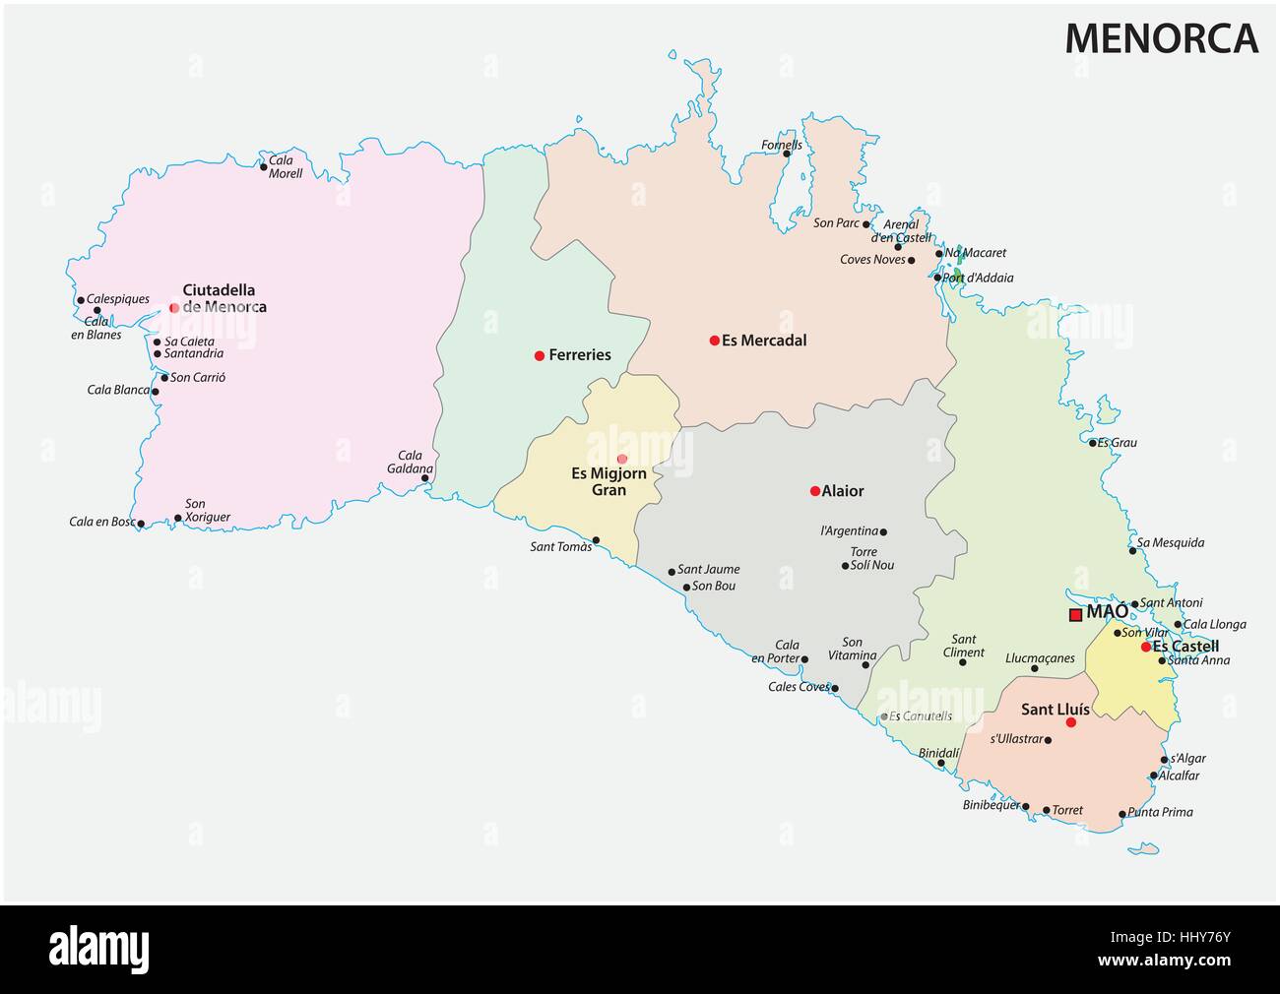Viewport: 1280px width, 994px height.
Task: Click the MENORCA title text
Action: point(1161,37)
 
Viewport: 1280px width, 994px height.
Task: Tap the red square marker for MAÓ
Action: point(1076,615)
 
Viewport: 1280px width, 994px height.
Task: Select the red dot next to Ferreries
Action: point(539,355)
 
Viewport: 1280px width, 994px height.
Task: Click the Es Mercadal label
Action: point(764,341)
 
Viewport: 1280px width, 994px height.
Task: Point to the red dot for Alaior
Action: point(814,491)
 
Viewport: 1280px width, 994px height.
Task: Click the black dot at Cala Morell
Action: point(264,166)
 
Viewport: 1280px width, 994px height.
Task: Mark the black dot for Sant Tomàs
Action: point(596,539)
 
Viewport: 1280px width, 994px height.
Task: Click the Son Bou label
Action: point(714,587)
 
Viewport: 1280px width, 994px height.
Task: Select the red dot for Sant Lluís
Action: point(1071,722)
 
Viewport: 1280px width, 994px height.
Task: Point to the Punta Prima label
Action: point(1160,812)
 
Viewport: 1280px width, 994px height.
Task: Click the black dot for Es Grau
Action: point(1093,443)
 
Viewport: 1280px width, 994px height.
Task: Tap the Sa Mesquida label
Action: point(1170,542)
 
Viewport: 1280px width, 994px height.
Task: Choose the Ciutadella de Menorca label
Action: point(224,298)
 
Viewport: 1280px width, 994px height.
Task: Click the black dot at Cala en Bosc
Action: point(141,524)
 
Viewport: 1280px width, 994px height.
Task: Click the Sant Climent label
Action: point(964,646)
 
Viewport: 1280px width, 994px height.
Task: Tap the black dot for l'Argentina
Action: point(883,531)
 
